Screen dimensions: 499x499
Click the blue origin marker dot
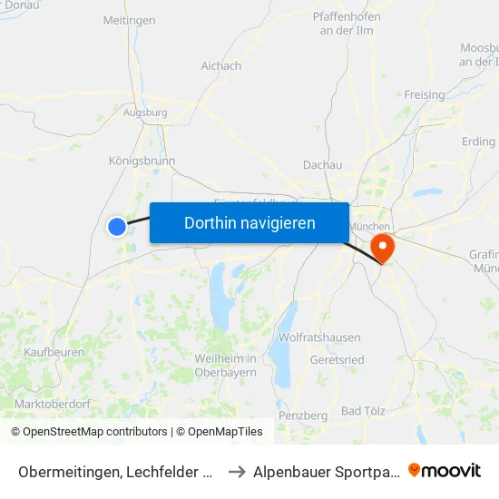pyautogui.click(x=117, y=226)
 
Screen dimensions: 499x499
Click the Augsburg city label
pyautogui.click(x=144, y=113)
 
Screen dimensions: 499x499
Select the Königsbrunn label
pyautogui.click(x=142, y=161)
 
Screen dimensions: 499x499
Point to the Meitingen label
pyautogui.click(x=129, y=20)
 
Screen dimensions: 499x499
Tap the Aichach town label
pyautogui.click(x=220, y=66)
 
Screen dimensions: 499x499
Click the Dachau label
pyautogui.click(x=322, y=165)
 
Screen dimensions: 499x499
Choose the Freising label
pyautogui.click(x=424, y=94)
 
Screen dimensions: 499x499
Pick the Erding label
pyautogui.click(x=478, y=142)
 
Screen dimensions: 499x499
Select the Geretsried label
pyautogui.click(x=337, y=359)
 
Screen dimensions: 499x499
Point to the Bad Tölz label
pyautogui.click(x=366, y=411)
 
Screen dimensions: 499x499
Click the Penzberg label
pyautogui.click(x=302, y=415)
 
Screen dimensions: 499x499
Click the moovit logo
pyautogui.click(x=444, y=470)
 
